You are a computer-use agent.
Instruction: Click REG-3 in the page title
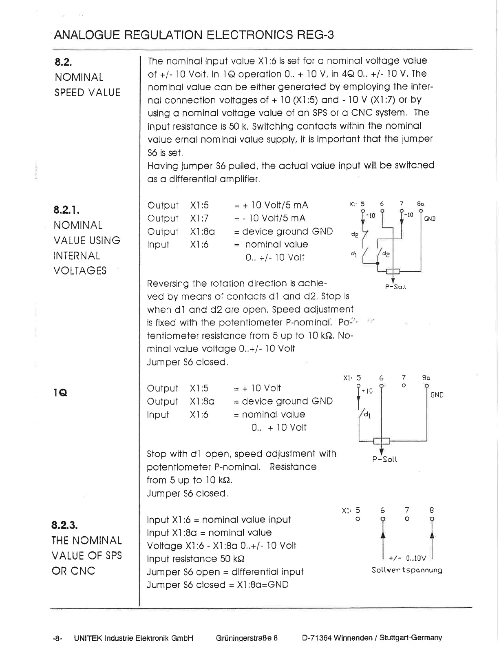[315, 35]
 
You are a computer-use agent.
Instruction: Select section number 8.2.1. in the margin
[66, 210]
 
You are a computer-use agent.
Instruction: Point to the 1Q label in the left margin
[60, 393]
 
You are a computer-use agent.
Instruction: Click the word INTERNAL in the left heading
[77, 256]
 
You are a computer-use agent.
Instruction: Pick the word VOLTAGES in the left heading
[80, 271]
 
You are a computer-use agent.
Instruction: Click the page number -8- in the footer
[57, 638]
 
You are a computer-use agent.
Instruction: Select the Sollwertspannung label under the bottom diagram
[407, 570]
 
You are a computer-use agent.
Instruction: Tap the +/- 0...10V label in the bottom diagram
[407, 558]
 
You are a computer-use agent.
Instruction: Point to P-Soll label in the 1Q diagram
[384, 459]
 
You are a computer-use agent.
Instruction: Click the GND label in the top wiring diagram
[430, 219]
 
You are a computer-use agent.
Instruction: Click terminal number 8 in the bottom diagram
[432, 510]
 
